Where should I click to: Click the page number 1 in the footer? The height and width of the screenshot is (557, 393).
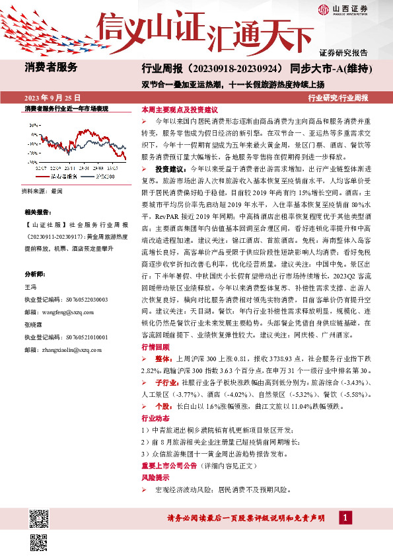[344, 517]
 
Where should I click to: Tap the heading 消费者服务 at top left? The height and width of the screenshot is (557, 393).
[51, 67]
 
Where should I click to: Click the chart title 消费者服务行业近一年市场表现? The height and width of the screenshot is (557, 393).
[66, 108]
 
